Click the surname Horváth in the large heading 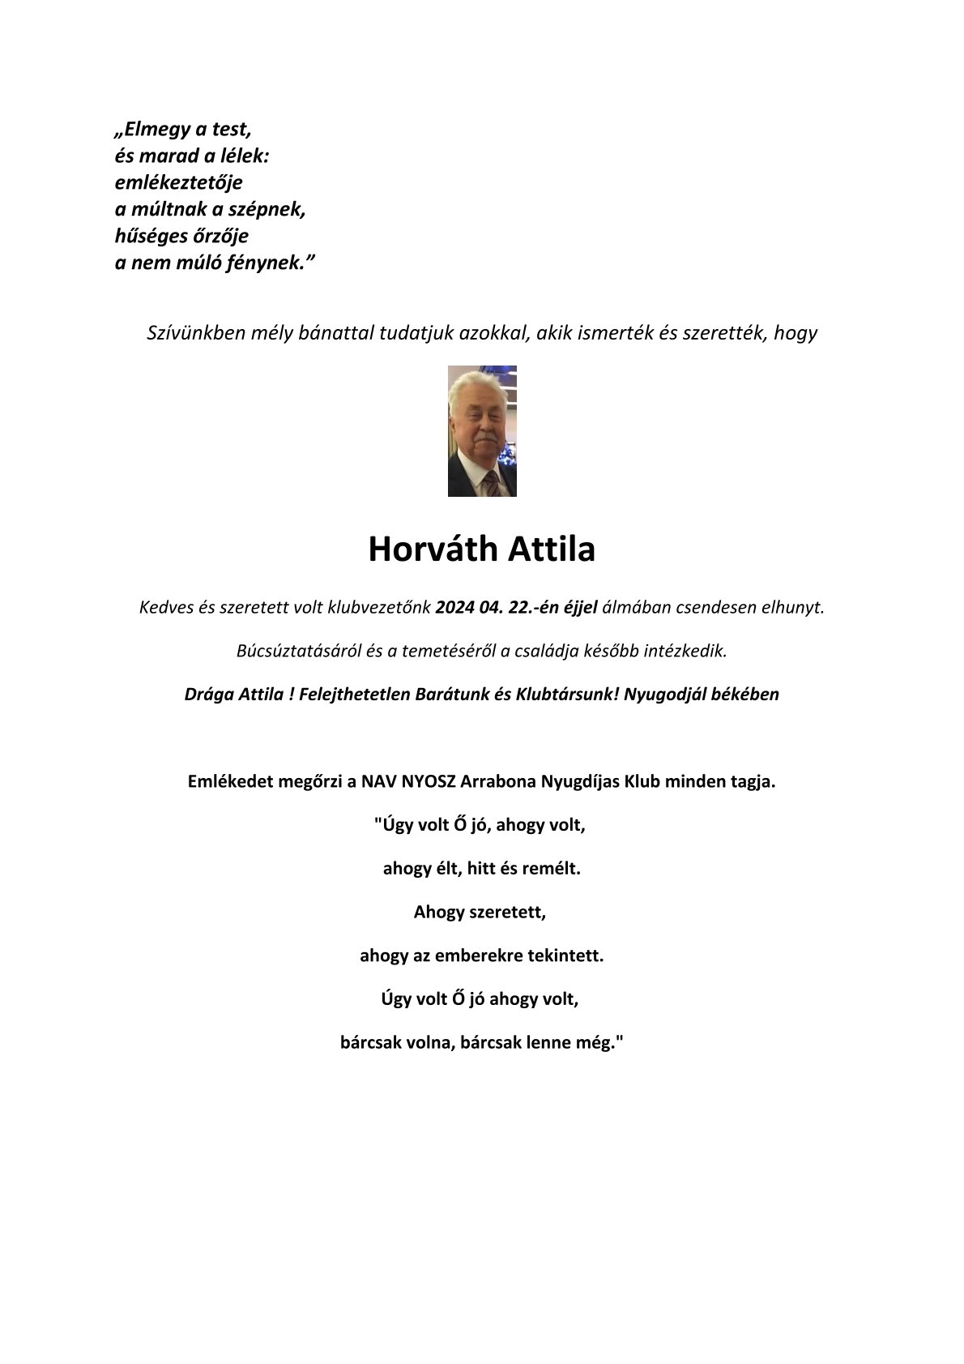coord(433,549)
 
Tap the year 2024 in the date coord(454,607)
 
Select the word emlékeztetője coord(178,183)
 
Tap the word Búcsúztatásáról coord(298,651)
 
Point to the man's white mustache coord(483,443)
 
